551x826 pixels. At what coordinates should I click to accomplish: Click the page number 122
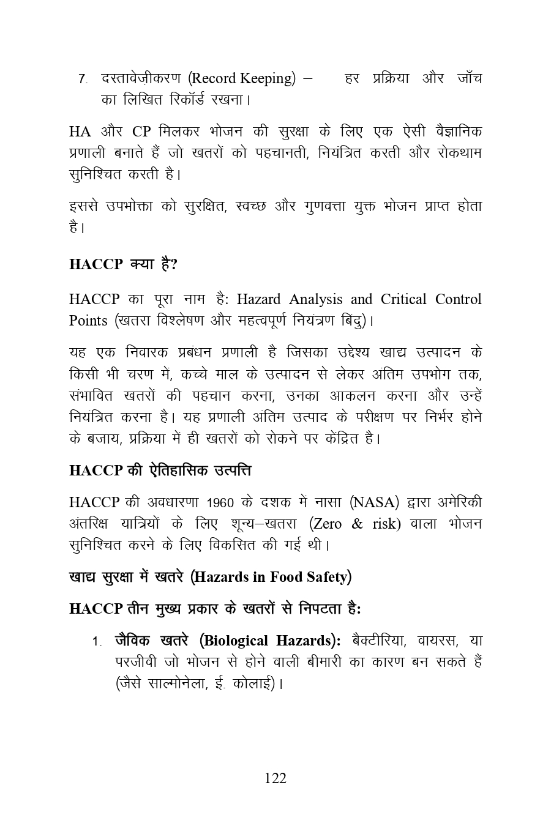(275, 778)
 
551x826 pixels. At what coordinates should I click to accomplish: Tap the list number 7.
(83, 79)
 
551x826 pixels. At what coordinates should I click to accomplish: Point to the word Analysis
(315, 299)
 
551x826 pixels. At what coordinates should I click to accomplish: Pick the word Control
(459, 299)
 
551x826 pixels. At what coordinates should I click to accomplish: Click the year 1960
(221, 503)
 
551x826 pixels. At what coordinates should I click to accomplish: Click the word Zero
(328, 524)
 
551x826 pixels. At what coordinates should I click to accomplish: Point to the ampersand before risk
(358, 524)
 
